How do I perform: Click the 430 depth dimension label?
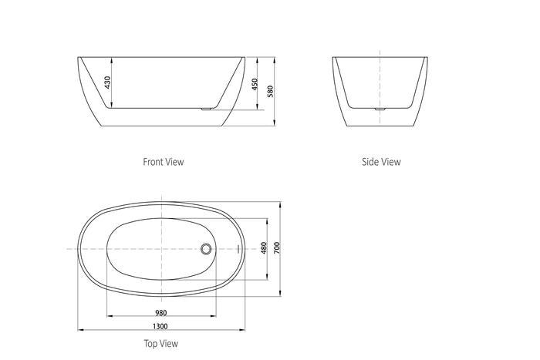pyautogui.click(x=107, y=82)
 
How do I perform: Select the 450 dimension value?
pyautogui.click(x=254, y=84)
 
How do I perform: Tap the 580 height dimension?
pyautogui.click(x=270, y=91)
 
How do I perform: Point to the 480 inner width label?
pyautogui.click(x=264, y=248)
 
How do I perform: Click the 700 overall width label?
pyautogui.click(x=277, y=248)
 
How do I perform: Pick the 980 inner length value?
pyautogui.click(x=160, y=313)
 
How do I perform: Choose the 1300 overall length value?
pyautogui.click(x=160, y=326)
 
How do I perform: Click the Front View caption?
pyautogui.click(x=164, y=162)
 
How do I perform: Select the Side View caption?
pyautogui.click(x=381, y=162)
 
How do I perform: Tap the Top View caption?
pyautogui.click(x=160, y=344)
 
